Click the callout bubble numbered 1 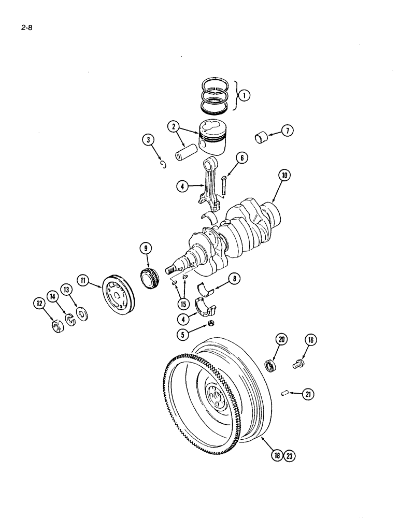tap(244, 95)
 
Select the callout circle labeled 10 tap(285, 176)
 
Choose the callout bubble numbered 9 tap(147, 249)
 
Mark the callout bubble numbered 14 tap(52, 296)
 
